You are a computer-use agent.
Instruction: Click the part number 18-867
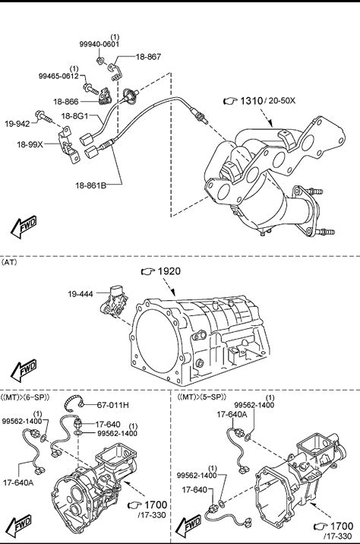point(148,56)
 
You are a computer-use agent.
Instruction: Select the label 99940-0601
point(99,44)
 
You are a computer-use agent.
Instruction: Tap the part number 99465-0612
point(58,76)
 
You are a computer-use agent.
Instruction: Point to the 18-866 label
point(66,102)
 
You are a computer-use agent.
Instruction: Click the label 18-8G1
point(74,115)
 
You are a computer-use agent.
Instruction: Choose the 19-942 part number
point(17,124)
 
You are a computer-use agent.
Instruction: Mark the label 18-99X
point(30,144)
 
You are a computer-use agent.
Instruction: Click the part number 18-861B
point(91,185)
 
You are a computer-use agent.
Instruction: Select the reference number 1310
point(251,101)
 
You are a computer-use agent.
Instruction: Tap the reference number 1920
point(169,271)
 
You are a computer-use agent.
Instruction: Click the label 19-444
point(81,294)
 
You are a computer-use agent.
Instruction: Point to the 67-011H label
point(112,405)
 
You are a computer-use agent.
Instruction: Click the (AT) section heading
point(9,262)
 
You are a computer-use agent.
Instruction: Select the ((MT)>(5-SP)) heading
point(201,397)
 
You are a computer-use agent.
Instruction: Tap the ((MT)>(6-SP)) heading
point(25,397)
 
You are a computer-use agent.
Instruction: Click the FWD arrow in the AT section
point(24,369)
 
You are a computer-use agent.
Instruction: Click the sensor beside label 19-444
point(115,301)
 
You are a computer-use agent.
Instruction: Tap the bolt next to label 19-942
point(44,116)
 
